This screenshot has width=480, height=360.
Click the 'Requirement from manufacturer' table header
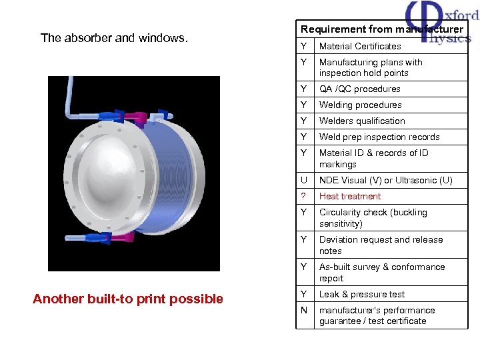click(381, 29)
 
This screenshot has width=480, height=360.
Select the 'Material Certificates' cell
click(360, 46)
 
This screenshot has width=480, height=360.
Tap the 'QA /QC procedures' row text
click(360, 89)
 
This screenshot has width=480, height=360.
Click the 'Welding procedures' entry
click(360, 105)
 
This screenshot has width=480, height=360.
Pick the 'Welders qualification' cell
click(362, 121)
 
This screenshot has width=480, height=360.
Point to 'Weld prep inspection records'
click(379, 137)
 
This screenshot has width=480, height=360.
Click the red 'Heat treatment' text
click(350, 196)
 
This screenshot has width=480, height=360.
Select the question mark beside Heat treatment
click(303, 196)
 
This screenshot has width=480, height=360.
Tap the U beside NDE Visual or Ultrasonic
click(304, 180)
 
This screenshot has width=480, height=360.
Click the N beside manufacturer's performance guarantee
click(304, 310)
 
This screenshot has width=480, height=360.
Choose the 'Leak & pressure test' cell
click(362, 294)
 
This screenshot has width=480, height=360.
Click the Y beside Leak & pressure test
click(304, 294)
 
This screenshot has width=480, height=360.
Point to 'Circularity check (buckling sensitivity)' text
click(373, 218)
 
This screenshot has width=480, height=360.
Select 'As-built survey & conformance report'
click(382, 273)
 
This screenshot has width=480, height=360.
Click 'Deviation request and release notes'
click(381, 245)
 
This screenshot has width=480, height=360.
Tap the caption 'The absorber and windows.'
click(114, 38)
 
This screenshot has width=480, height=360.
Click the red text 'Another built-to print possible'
click(128, 299)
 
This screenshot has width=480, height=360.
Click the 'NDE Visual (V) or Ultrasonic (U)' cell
click(385, 180)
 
